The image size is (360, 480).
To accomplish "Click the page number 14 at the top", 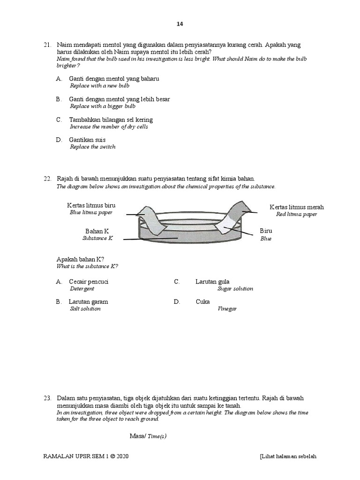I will pos(180,24).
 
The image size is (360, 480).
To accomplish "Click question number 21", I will pos(47,45).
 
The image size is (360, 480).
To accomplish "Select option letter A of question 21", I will pos(59,79).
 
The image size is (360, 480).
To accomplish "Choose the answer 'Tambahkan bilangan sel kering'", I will pos(111,120).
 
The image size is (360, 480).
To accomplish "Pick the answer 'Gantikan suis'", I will pos(87,140).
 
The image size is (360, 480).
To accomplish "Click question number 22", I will pos(47,179).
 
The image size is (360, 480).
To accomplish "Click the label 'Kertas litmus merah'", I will pos(296,207).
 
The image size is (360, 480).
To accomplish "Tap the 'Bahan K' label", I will pos(97,231).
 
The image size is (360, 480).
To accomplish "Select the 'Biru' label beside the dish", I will pos(266,231).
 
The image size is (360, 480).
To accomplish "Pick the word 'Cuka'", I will pos(202,301).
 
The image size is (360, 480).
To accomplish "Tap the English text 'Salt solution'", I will pos(85,309).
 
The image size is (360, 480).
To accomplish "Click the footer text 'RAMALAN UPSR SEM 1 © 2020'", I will pos(86,456).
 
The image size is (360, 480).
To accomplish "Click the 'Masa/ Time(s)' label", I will pos(148,436).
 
